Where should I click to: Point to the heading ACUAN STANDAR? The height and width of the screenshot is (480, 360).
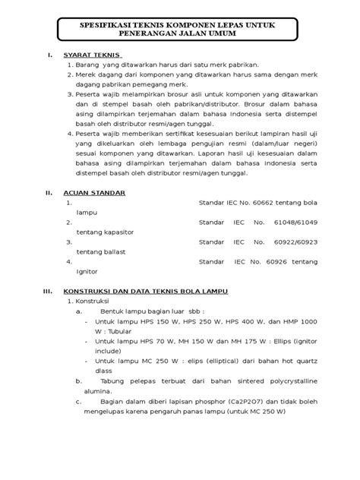pyautogui.click(x=94, y=194)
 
